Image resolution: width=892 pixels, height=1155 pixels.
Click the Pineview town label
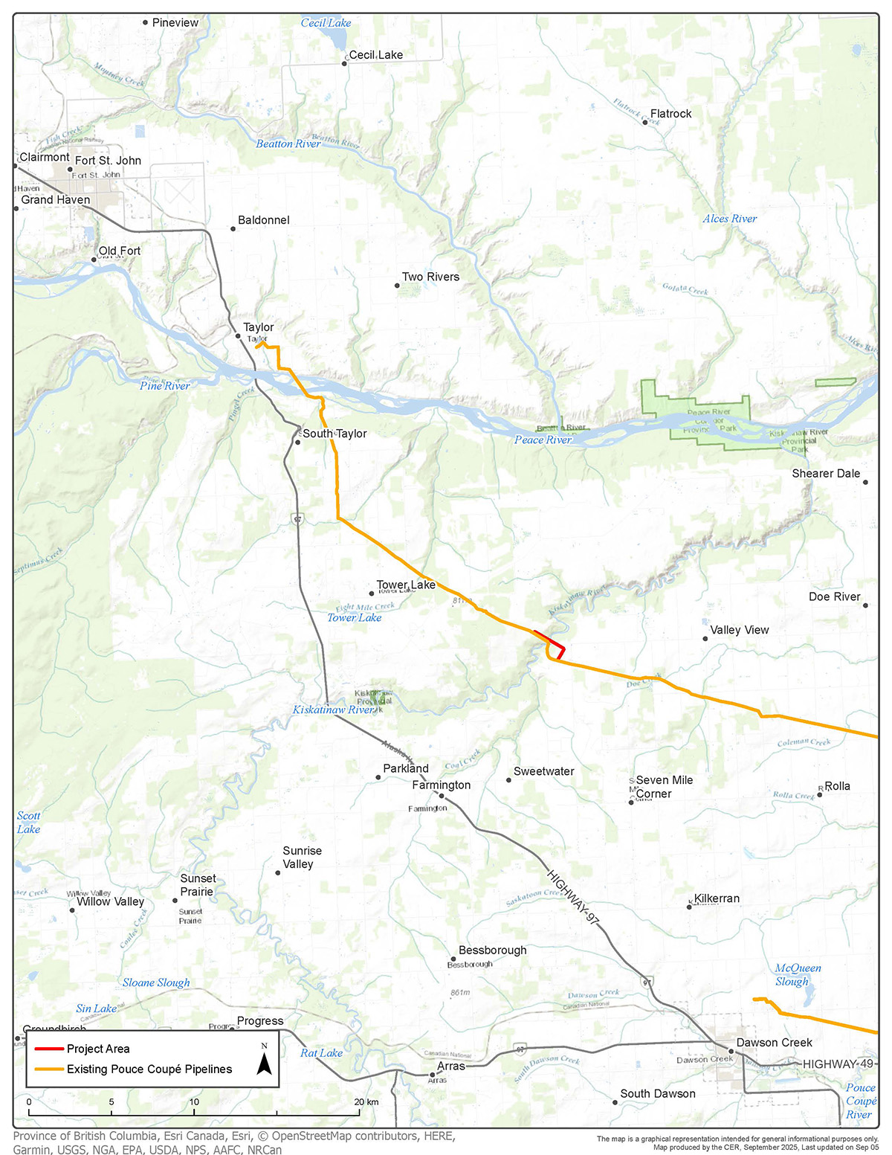click(x=175, y=23)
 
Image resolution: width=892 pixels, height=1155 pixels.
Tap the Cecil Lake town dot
click(x=344, y=64)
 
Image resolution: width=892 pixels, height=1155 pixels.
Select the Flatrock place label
click(x=670, y=114)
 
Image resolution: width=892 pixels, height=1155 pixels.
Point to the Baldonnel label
click(x=263, y=220)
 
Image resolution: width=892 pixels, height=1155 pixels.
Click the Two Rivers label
click(x=430, y=277)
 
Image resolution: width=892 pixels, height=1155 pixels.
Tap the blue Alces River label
click(x=729, y=219)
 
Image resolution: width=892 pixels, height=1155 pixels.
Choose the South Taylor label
click(x=334, y=434)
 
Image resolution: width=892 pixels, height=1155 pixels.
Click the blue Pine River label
click(x=165, y=385)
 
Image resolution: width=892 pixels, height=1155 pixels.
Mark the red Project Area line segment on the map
click(x=551, y=642)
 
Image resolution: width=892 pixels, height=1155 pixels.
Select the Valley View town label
click(x=739, y=630)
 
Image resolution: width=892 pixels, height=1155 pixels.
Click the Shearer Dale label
click(x=825, y=474)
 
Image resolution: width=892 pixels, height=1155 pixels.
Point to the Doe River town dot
click(x=865, y=605)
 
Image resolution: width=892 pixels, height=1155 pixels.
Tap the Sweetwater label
click(x=543, y=771)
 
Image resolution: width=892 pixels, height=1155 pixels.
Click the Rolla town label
click(x=837, y=786)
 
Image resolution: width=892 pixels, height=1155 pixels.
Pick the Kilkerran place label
click(x=717, y=898)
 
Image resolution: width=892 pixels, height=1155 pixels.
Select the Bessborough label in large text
click(x=492, y=950)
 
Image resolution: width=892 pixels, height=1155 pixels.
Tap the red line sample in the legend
click(x=48, y=1049)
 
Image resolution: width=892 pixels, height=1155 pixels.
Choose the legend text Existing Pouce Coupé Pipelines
click(x=149, y=1069)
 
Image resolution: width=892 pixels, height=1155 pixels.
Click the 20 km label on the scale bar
click(x=366, y=1102)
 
